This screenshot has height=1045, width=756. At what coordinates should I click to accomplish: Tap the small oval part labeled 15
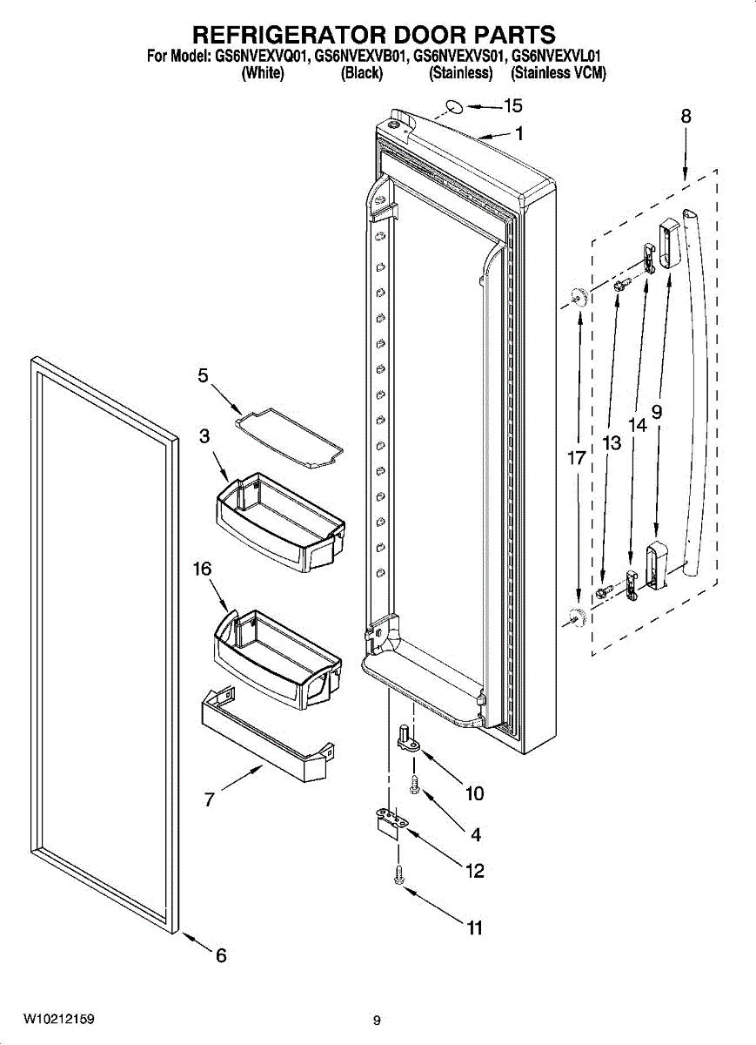[x=454, y=107]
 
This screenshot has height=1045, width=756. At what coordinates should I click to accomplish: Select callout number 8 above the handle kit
[x=686, y=116]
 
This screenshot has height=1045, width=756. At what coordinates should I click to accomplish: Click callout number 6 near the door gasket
[x=221, y=956]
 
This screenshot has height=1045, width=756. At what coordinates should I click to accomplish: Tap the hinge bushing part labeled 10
[x=406, y=736]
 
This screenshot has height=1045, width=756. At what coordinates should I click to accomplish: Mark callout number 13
[x=612, y=443]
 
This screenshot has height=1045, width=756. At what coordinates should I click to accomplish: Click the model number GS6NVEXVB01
[x=361, y=57]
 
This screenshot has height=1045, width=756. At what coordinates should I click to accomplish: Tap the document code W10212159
[x=59, y=1019]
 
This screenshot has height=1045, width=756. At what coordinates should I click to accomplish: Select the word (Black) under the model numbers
[x=361, y=73]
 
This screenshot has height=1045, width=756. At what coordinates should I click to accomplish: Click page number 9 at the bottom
[x=377, y=1021]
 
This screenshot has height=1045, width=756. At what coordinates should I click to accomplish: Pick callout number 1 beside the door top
[x=518, y=134]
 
